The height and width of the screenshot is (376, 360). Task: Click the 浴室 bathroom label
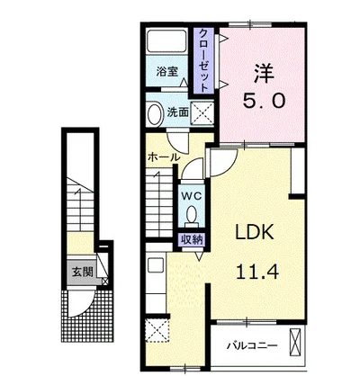coord(167,71)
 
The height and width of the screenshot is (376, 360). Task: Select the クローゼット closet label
coord(203,59)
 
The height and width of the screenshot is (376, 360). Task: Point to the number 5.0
coord(264,100)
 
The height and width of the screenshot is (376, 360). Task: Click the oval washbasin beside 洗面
coord(156,113)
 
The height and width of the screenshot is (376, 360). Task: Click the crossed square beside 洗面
coord(202,113)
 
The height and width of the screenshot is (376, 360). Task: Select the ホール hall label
coord(164,157)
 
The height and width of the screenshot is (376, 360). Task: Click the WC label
coord(191,196)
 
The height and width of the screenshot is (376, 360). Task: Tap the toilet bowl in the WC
coord(191,214)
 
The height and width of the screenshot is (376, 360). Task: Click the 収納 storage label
coord(192,239)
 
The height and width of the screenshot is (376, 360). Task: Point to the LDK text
coord(255,232)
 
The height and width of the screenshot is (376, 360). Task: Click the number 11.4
coord(257,272)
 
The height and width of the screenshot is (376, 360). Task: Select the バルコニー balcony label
coord(251,345)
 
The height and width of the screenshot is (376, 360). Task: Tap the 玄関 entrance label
coord(82,272)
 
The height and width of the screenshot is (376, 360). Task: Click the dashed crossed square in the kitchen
coord(157,330)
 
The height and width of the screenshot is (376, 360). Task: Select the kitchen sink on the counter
coord(156,265)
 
